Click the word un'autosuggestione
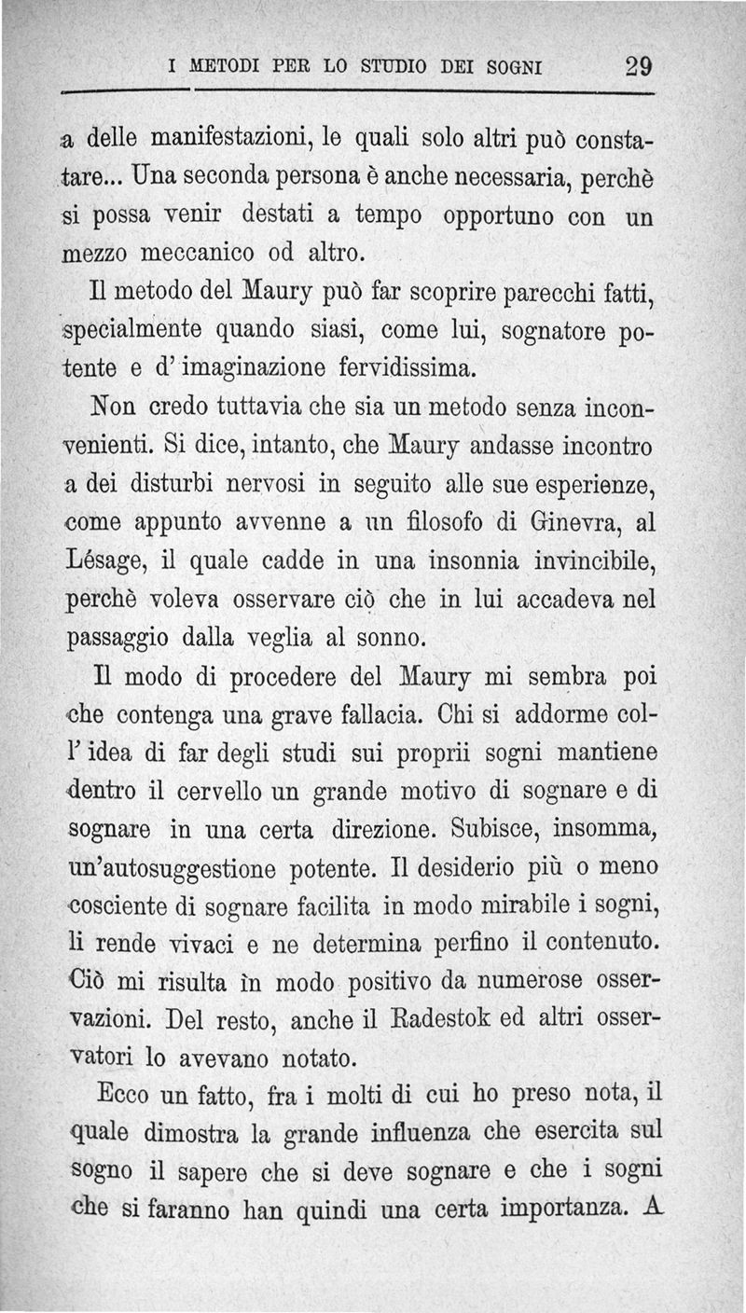tap(173, 870)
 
